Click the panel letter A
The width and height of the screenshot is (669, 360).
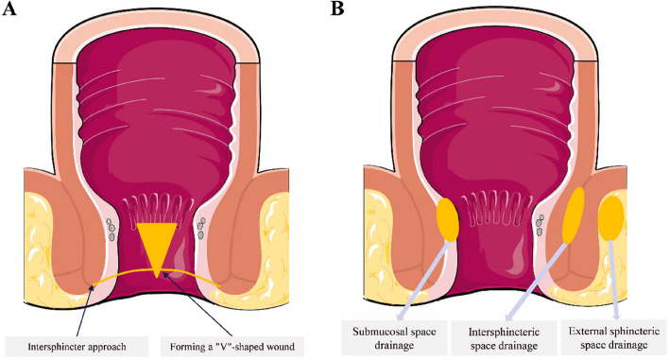click(x=9, y=9)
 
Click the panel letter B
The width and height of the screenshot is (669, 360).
click(x=337, y=9)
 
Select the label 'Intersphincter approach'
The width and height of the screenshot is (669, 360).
click(x=77, y=347)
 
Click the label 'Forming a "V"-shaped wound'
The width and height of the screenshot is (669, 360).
click(x=232, y=347)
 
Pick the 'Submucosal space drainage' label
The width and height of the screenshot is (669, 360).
click(x=394, y=338)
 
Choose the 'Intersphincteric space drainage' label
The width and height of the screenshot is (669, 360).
click(x=504, y=338)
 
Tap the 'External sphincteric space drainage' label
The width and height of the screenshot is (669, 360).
click(x=614, y=338)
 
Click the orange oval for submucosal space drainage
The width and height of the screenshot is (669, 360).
click(x=447, y=220)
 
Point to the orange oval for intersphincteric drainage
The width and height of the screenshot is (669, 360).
click(x=574, y=215)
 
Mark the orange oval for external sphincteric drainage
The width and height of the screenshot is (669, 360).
click(x=611, y=217)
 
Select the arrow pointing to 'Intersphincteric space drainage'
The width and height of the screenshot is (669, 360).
click(x=537, y=282)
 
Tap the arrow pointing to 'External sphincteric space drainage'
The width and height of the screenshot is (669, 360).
click(x=614, y=281)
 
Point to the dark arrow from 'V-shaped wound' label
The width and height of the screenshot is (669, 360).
click(x=198, y=305)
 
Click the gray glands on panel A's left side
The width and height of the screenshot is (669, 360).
click(x=111, y=230)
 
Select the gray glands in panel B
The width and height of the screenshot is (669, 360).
click(x=540, y=225)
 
